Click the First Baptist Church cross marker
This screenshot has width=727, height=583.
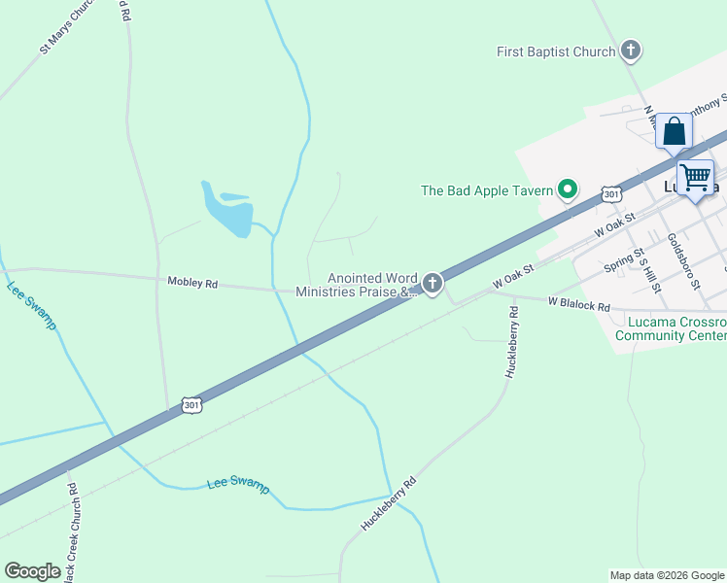(x=630, y=51)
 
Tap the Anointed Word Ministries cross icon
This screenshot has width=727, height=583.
(x=432, y=284)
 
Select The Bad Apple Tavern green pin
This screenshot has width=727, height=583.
(x=567, y=190)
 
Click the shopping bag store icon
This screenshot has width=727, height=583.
(x=674, y=131)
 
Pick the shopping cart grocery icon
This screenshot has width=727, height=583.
(x=695, y=179)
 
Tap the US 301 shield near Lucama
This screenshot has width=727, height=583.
(x=610, y=194)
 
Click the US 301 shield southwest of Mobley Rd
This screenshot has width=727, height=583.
(x=191, y=404)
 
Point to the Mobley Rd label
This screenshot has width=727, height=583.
(x=192, y=284)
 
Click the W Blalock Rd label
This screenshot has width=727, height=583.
(x=578, y=305)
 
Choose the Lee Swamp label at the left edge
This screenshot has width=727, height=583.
(x=32, y=305)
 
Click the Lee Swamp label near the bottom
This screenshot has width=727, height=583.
(x=238, y=486)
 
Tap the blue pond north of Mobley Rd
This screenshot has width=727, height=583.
(x=229, y=211)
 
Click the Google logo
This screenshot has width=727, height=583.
(x=32, y=571)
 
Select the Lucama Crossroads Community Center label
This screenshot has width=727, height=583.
(x=671, y=328)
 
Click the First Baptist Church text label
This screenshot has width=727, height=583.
(x=555, y=51)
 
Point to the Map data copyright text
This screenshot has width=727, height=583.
(x=667, y=575)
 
